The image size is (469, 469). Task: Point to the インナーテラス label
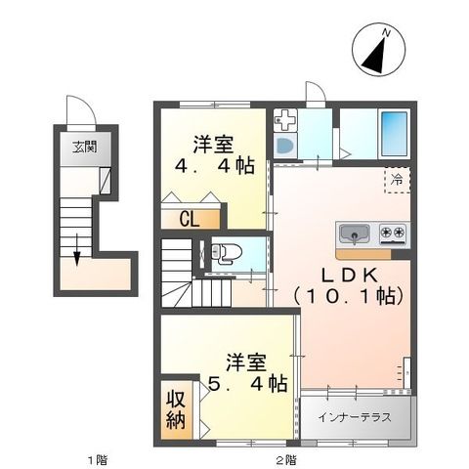tap(355, 417)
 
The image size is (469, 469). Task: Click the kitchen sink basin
tap(354, 234)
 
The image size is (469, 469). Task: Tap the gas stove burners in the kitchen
tap(393, 234)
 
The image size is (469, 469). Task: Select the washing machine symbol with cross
tap(285, 121)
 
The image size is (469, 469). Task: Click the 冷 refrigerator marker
tap(397, 179)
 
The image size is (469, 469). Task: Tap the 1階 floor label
tap(95, 459)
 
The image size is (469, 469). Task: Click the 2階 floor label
tap(284, 459)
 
